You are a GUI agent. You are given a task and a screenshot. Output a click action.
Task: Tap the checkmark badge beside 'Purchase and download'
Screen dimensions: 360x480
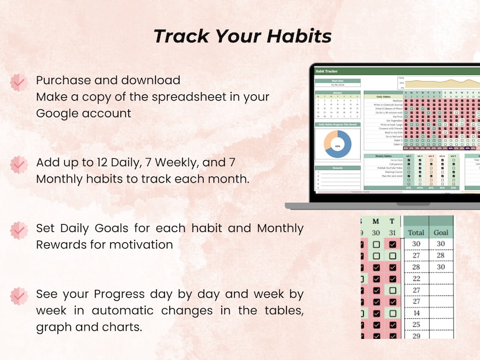point(19,82)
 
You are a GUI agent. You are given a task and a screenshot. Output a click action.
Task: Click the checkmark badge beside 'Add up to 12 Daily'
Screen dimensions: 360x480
point(19,164)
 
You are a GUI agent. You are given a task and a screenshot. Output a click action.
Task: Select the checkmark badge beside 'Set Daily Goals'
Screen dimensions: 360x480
point(19,230)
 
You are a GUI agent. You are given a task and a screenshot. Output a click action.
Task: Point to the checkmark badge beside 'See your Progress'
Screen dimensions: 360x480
point(19,295)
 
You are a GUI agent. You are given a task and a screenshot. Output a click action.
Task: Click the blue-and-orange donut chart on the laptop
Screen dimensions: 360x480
point(338,146)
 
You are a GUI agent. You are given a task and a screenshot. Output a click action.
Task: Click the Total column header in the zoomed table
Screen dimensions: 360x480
point(416,232)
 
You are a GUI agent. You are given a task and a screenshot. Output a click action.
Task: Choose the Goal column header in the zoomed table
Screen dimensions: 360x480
point(441,232)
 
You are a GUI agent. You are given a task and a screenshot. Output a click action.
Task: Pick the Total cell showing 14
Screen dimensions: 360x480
point(416,313)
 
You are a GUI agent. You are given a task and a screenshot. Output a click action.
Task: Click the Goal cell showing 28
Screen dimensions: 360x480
point(441,255)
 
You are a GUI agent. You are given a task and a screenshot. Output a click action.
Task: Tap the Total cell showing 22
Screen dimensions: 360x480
point(416,278)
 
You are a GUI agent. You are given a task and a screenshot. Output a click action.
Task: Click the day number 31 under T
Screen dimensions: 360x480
point(392,233)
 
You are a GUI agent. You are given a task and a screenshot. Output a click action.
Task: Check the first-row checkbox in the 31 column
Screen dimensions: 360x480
point(392,244)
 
